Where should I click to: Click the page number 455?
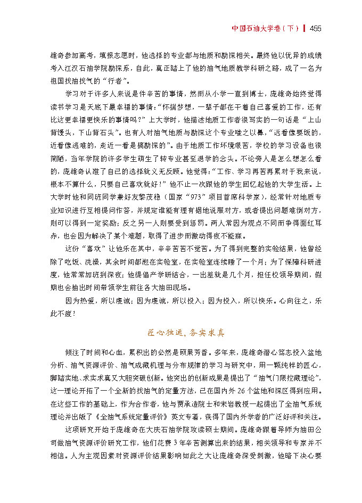click(x=316, y=29)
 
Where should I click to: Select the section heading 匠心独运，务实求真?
click(x=185, y=333)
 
